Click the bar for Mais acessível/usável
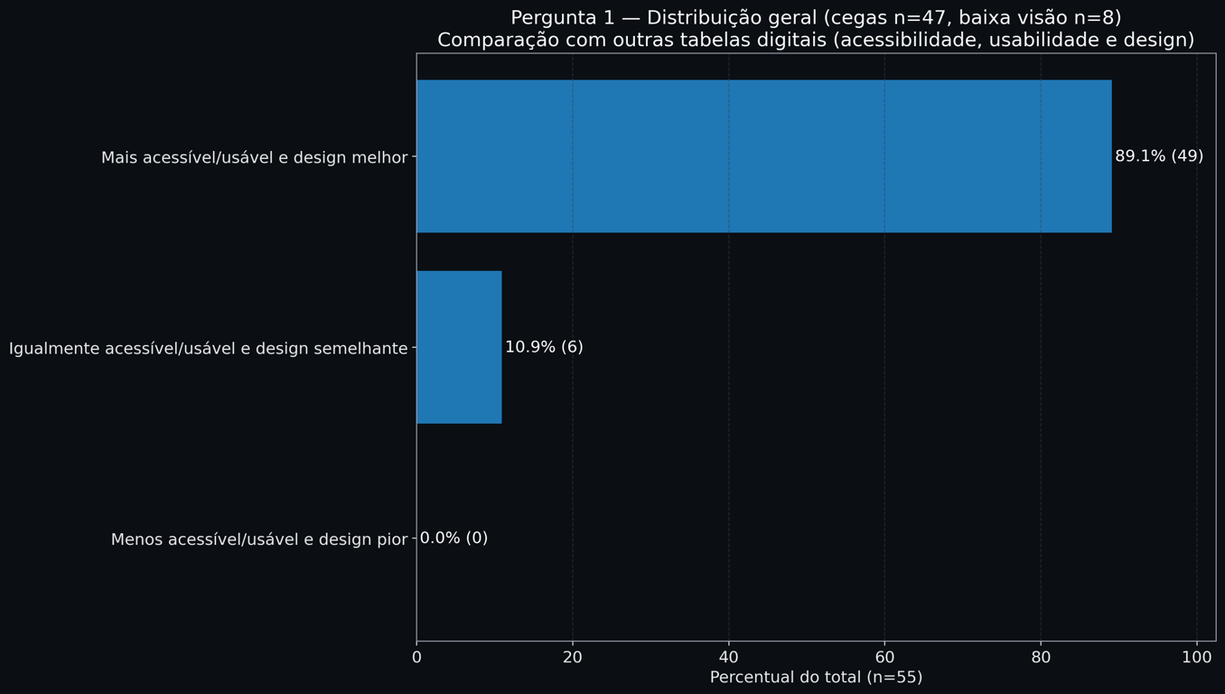click(763, 156)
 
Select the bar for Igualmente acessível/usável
click(459, 347)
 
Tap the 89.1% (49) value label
click(1159, 156)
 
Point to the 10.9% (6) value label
click(544, 347)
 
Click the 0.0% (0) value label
click(454, 539)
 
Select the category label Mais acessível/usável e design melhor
click(254, 158)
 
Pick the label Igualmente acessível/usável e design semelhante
click(208, 349)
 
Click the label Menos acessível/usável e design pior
click(259, 539)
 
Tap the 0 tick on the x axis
click(416, 658)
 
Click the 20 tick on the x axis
click(573, 658)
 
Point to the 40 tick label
click(729, 658)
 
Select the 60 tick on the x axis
click(884, 658)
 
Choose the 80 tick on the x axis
click(1041, 658)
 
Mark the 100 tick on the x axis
click(1197, 658)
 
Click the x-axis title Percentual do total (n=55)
click(816, 678)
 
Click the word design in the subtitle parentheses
click(1155, 41)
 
